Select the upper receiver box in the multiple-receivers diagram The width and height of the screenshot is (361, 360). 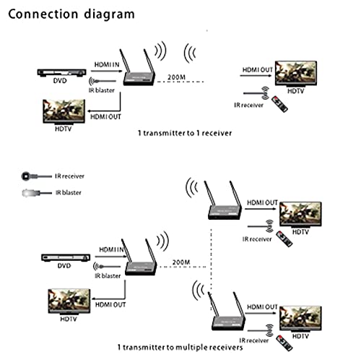(220, 210)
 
